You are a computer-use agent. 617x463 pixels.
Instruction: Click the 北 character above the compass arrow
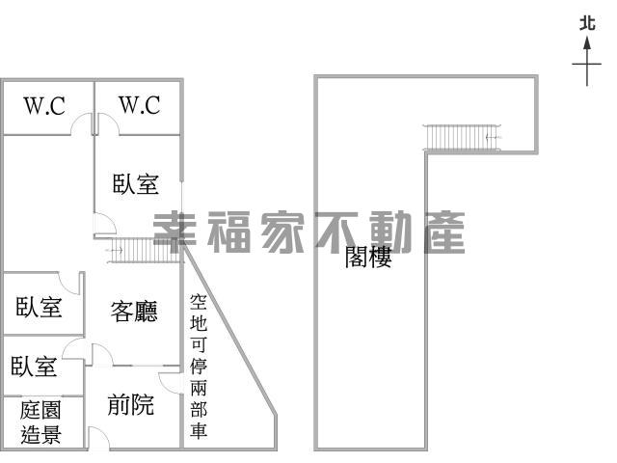click(587, 23)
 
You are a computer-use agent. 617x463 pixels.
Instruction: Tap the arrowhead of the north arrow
click(587, 42)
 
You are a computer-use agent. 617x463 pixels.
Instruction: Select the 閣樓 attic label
click(368, 258)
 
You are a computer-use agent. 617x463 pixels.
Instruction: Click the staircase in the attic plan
click(462, 137)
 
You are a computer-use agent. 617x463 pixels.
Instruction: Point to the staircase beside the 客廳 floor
click(144, 250)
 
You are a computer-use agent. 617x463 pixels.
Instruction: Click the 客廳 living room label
click(134, 312)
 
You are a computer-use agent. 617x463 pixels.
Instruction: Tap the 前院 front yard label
click(131, 404)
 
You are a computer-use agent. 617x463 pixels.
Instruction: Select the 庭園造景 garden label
click(40, 422)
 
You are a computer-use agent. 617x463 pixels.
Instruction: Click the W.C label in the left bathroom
click(44, 105)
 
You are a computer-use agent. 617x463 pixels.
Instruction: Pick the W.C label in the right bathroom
click(140, 105)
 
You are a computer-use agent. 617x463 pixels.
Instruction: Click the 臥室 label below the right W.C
click(136, 184)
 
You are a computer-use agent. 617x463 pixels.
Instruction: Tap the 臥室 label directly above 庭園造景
click(34, 367)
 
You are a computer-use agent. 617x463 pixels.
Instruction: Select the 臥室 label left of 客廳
click(39, 307)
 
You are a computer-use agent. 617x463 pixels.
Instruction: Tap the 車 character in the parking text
click(199, 431)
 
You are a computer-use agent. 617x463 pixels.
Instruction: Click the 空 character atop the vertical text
click(199, 302)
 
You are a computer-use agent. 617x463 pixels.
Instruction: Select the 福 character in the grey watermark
click(228, 232)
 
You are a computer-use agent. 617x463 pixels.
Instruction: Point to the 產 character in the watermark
click(444, 232)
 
